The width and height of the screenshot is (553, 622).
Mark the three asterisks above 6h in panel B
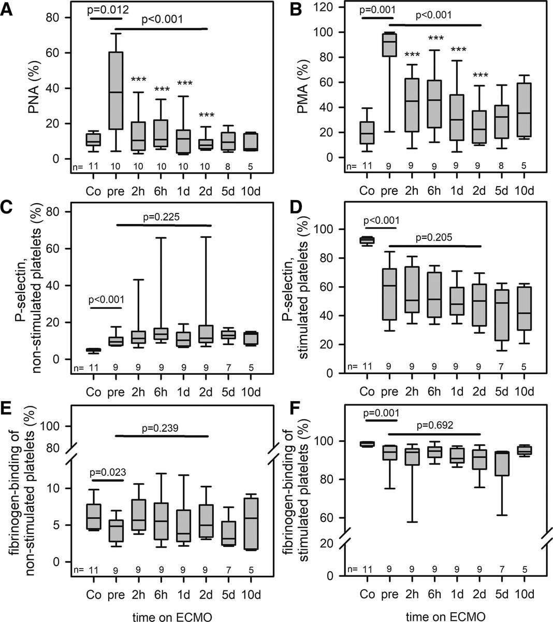435,39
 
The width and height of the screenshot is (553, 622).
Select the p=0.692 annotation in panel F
435,425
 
